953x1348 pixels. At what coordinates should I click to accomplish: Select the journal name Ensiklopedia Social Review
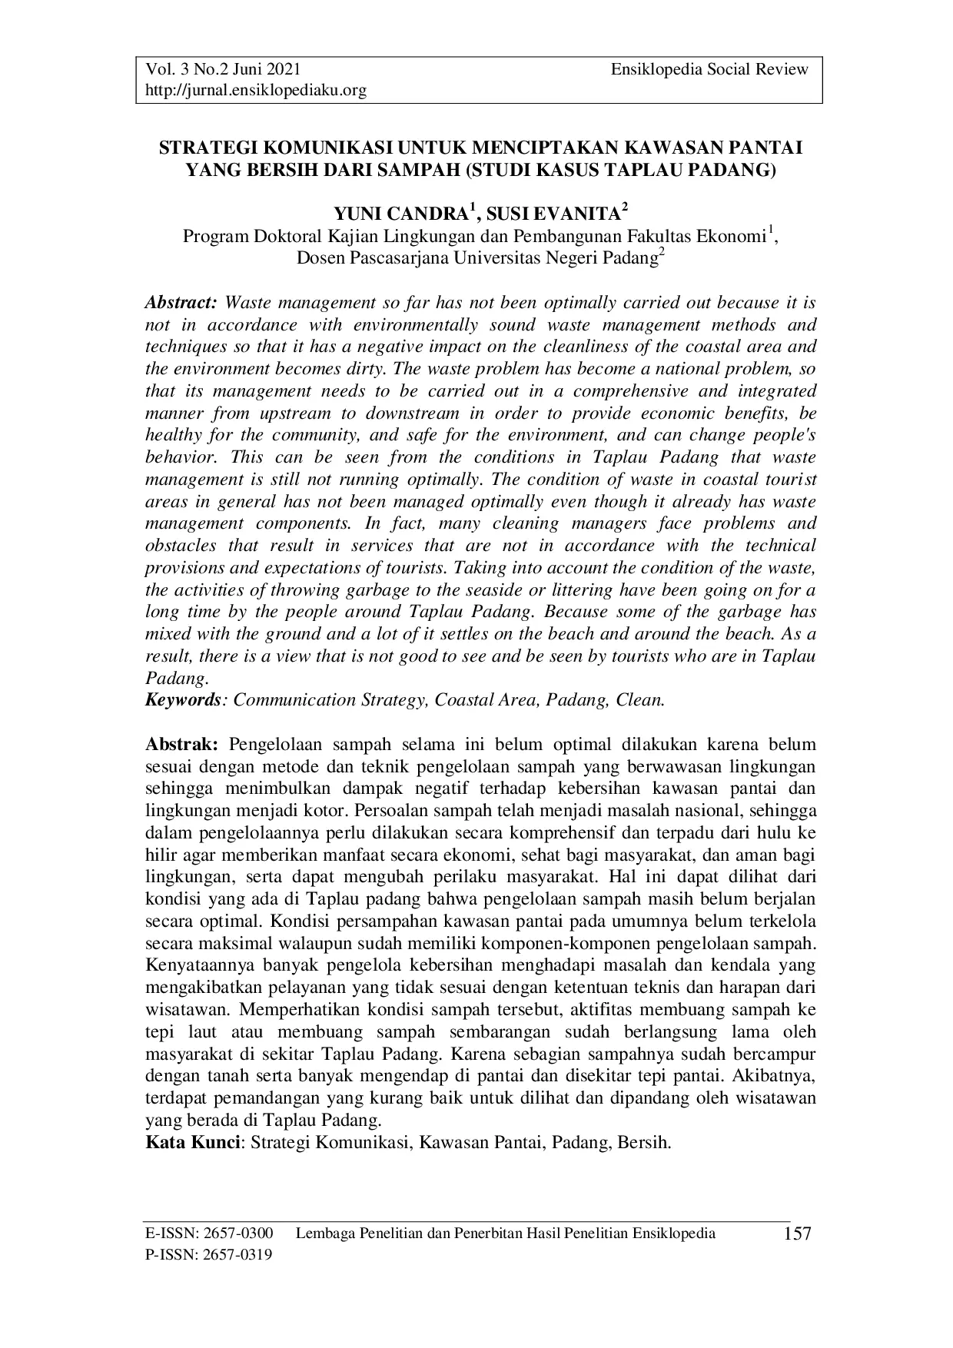pyautogui.click(x=709, y=69)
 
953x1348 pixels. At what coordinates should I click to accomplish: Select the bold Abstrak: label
pyautogui.click(x=183, y=744)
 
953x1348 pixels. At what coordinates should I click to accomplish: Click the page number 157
pyautogui.click(x=797, y=1234)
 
